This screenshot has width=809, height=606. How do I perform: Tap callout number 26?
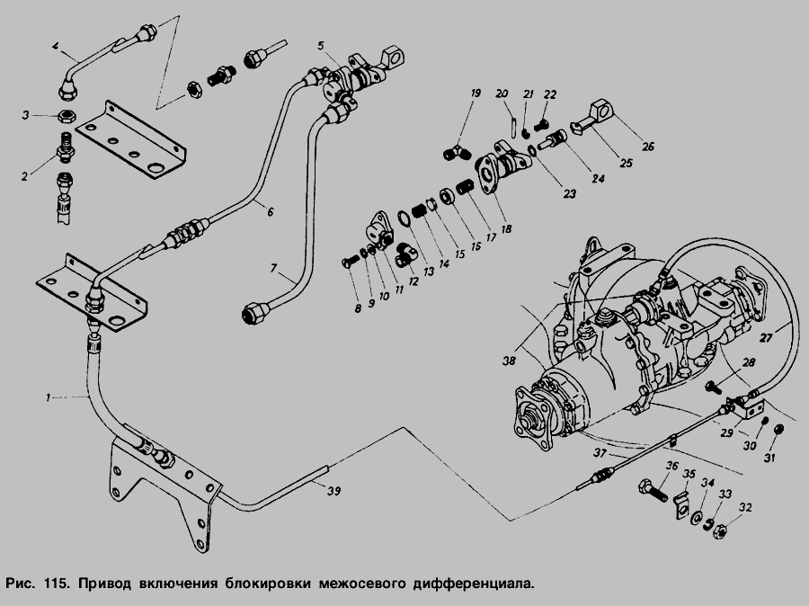tap(647, 147)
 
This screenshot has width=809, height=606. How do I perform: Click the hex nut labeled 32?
tap(719, 532)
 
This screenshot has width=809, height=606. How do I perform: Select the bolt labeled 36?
tap(653, 491)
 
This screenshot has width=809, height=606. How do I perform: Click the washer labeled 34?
tap(696, 517)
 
